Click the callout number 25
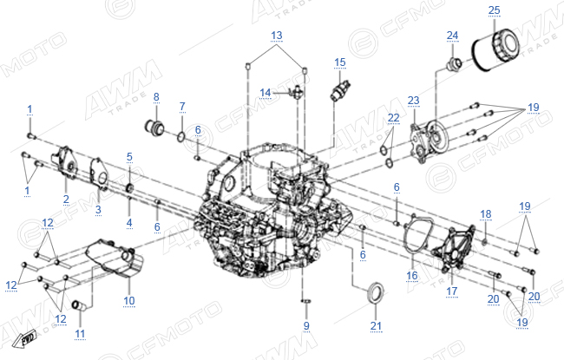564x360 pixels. tap(495, 10)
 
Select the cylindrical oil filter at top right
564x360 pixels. tap(495, 50)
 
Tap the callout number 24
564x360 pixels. tap(452, 36)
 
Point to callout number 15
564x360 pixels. tap(340, 63)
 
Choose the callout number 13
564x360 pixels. tap(276, 36)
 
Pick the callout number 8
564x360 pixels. tap(156, 97)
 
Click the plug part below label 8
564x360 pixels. tap(154, 128)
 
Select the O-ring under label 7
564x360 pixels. tap(181, 136)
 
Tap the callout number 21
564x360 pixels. tap(376, 326)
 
